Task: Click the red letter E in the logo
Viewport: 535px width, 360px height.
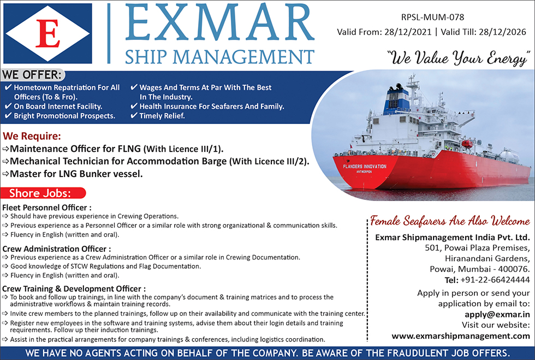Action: click(48, 33)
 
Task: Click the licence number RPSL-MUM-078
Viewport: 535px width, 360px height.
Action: click(432, 17)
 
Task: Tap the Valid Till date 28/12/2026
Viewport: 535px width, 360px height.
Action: click(502, 32)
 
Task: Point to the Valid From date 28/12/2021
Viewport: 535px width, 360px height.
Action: click(408, 32)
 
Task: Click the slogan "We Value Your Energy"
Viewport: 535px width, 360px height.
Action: click(458, 58)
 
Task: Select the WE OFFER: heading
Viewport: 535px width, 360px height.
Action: click(32, 75)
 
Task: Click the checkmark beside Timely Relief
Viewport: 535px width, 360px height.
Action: click(134, 116)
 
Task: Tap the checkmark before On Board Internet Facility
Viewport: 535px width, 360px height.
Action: click(8, 106)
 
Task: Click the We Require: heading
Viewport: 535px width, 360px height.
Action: click(32, 136)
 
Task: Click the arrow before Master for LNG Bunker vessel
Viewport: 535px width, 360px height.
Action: click(5, 174)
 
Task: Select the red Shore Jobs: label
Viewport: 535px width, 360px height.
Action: click(40, 193)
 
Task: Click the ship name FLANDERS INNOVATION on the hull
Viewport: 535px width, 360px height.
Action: click(365, 167)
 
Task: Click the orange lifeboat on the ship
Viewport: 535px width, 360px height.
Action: click(467, 144)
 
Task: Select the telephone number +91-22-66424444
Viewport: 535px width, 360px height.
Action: click(495, 280)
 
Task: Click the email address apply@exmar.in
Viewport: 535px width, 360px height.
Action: click(497, 315)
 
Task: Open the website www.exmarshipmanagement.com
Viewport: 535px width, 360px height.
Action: click(461, 336)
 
